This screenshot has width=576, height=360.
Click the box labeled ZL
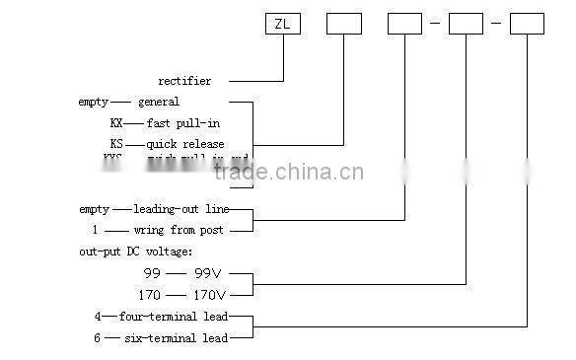coord(283,23)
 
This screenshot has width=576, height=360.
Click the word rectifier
coord(198,81)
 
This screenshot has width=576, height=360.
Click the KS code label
coord(117,144)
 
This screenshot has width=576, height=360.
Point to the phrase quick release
coord(186,144)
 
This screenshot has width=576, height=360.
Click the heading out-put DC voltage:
coord(137,252)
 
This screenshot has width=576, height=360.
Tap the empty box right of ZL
coord(344,23)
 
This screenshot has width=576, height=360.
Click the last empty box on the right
coord(527,23)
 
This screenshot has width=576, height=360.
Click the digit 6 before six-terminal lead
coord(97,338)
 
